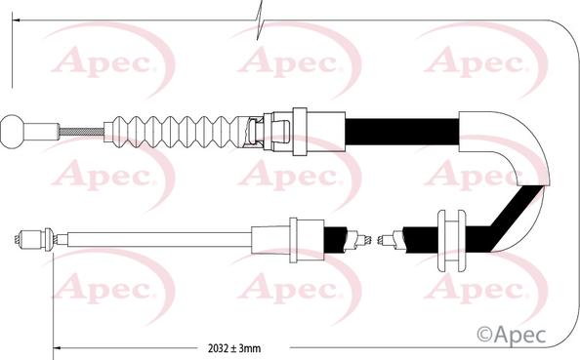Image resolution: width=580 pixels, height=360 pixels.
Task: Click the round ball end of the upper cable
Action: (x=13, y=129)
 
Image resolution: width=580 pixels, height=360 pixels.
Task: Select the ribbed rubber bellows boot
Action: (x=181, y=129)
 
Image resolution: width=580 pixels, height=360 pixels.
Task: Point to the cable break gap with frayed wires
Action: (x=379, y=237)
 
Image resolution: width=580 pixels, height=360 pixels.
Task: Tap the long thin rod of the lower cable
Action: (x=156, y=237)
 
